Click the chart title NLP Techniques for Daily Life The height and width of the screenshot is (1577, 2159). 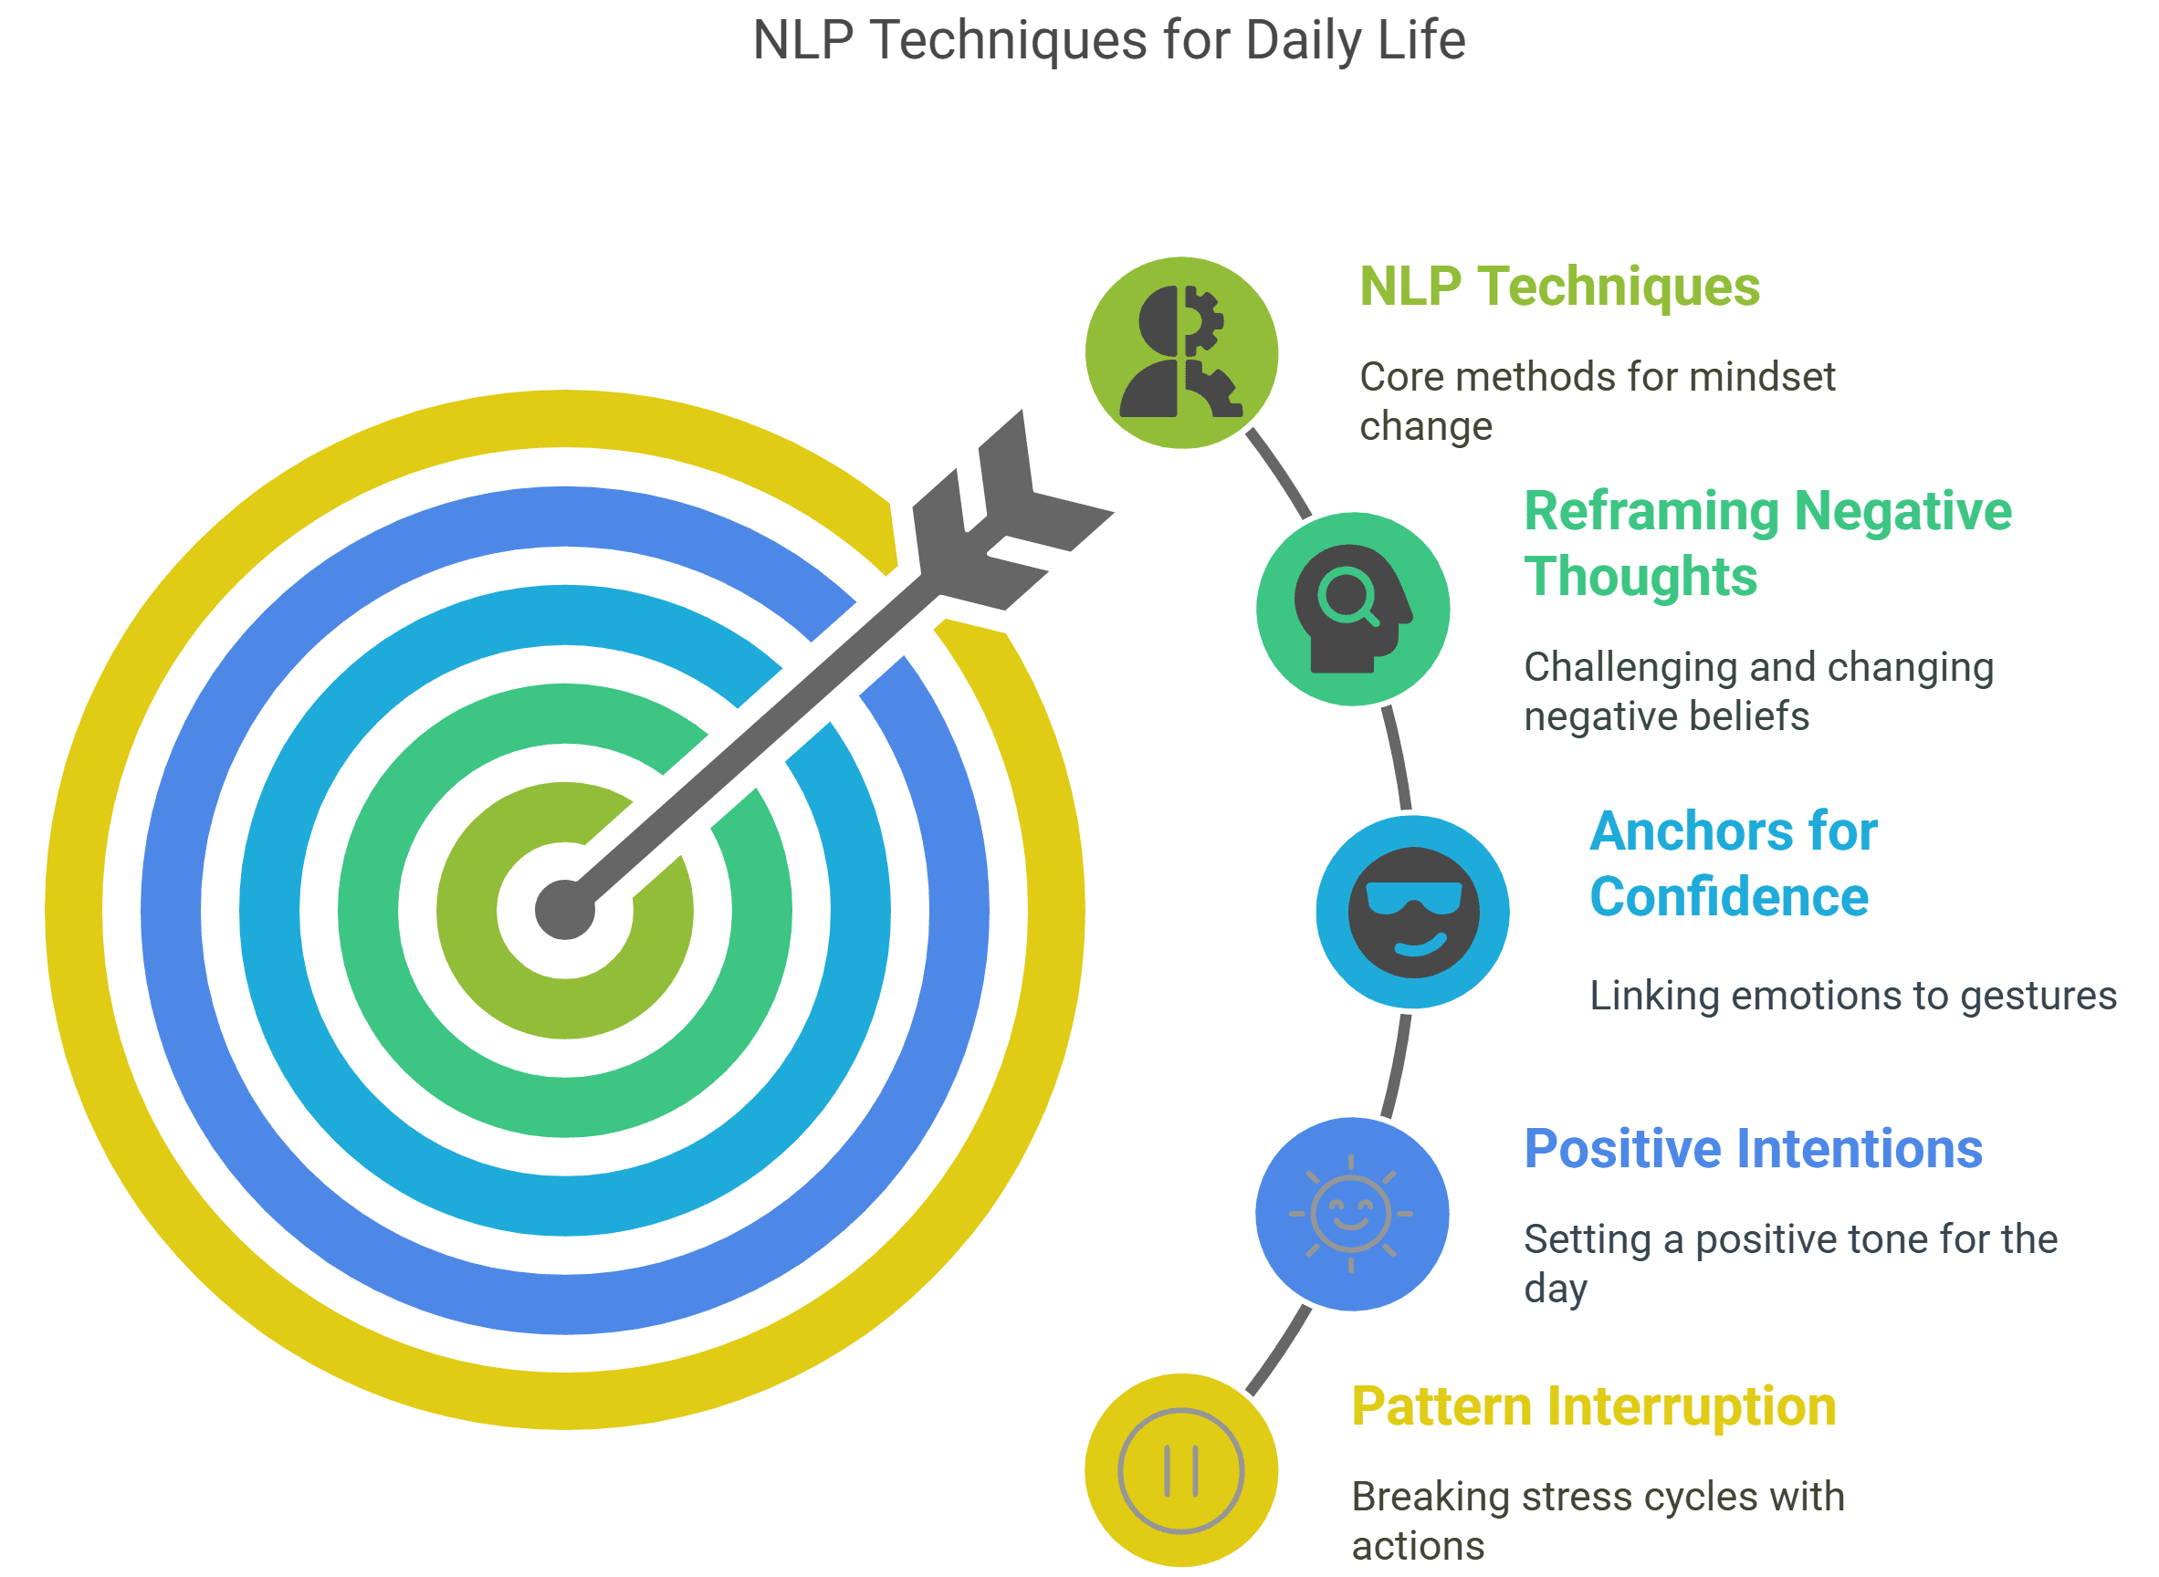click(x=1108, y=40)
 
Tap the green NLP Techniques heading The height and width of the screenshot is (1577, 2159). click(x=1558, y=287)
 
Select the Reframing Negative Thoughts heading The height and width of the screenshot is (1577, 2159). click(x=1766, y=543)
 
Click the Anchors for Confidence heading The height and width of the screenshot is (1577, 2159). click(x=1732, y=864)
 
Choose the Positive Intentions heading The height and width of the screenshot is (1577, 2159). click(x=1752, y=1148)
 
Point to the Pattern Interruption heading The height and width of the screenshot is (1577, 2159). click(x=1593, y=1406)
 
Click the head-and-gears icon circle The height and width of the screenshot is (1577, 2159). click(x=1181, y=352)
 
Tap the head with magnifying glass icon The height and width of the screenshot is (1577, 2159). click(x=1352, y=609)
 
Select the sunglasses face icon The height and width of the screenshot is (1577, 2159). click(x=1412, y=912)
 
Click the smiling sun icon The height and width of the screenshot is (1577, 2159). click(x=1350, y=1213)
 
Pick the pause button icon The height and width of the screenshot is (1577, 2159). click(x=1180, y=1470)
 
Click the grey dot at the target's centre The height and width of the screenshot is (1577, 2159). click(x=564, y=910)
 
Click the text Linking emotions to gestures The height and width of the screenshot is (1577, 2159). click(x=1852, y=996)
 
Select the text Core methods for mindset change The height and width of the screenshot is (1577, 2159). click(x=1597, y=401)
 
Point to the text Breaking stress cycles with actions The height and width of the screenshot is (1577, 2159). click(x=1597, y=1520)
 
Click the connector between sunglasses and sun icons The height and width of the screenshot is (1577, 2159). click(x=1396, y=1065)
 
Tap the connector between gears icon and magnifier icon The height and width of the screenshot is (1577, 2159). click(x=1280, y=475)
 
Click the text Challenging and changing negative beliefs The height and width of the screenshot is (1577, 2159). click(x=1757, y=691)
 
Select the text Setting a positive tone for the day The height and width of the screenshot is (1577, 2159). click(x=1789, y=1263)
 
